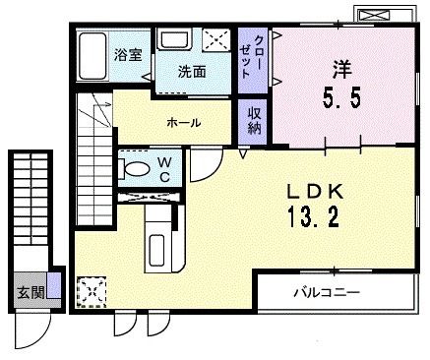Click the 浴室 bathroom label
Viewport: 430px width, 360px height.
[128, 55]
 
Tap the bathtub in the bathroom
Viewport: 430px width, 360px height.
[93, 55]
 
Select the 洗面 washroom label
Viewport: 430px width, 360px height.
[192, 72]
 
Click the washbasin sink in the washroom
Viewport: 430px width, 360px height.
[174, 38]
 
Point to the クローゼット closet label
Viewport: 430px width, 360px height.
[252, 57]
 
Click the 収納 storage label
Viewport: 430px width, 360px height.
[254, 121]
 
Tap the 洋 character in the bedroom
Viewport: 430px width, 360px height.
[342, 69]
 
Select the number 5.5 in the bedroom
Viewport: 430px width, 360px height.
[341, 98]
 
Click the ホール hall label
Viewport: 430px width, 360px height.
[183, 123]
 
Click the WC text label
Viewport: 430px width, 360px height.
[164, 169]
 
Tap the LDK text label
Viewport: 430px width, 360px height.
[315, 193]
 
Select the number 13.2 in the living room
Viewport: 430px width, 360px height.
[313, 217]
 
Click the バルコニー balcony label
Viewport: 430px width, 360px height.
[327, 291]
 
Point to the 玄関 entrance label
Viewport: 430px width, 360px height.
[31, 292]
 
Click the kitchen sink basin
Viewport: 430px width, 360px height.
[156, 251]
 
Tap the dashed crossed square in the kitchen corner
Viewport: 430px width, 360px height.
[92, 292]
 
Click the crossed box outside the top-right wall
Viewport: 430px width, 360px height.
[374, 15]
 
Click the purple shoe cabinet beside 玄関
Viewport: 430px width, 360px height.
[53, 285]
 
